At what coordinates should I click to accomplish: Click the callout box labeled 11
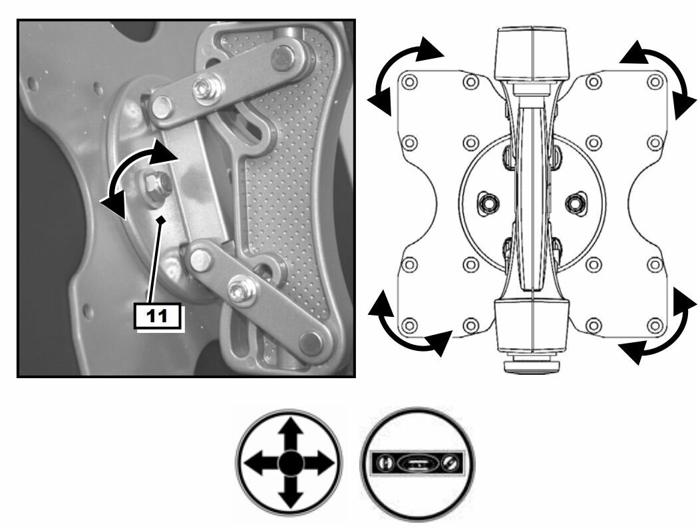point(158,316)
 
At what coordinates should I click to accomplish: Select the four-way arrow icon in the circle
point(289,463)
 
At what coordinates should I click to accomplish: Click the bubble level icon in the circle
point(417,463)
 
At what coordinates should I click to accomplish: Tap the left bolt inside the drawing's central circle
point(488,203)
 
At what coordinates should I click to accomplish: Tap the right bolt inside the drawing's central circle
point(576,203)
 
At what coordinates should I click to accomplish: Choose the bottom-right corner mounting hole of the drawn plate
point(654,326)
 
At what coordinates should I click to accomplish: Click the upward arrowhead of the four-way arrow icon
point(290,427)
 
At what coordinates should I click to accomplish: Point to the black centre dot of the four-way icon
point(290,463)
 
